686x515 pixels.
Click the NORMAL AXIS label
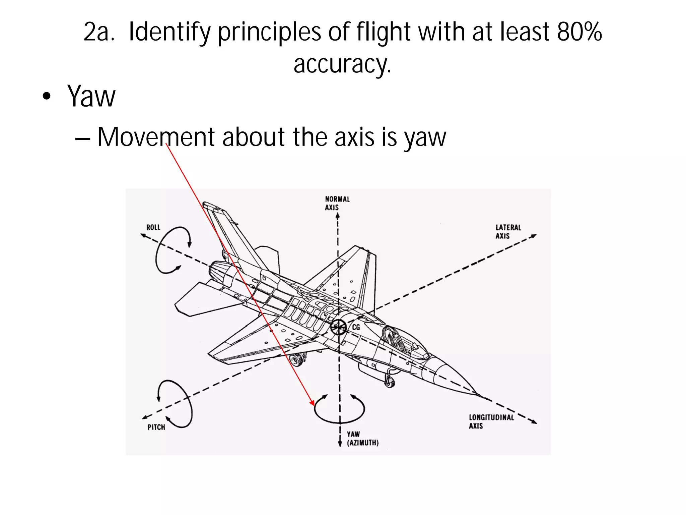[x=337, y=203]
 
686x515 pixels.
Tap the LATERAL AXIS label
[x=508, y=232]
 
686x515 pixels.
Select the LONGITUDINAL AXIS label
[x=491, y=421]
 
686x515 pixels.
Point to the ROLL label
[x=153, y=227]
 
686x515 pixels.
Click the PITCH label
[x=156, y=427]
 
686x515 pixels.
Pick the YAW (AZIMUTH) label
[x=362, y=439]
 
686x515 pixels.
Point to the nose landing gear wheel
[x=389, y=381]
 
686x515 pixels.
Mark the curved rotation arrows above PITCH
[x=175, y=404]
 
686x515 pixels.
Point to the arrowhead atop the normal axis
[x=338, y=216]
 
